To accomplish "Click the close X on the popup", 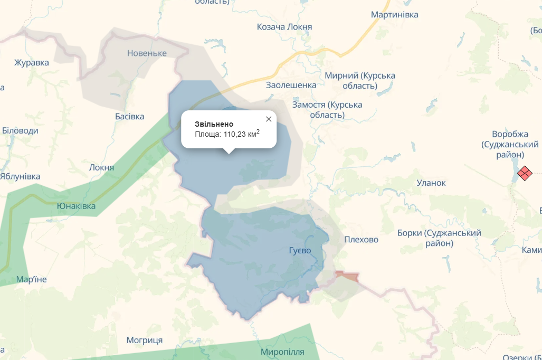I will [269, 119].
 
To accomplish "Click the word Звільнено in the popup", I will [214, 124].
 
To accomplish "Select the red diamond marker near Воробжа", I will [525, 173].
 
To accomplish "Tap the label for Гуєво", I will [300, 250].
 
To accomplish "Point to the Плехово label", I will [361, 240].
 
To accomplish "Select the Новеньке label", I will [147, 53].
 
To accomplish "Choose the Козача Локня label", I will [284, 27].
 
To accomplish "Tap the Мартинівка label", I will [394, 15].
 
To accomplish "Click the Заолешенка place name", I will [291, 85].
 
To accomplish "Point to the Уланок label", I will [431, 183].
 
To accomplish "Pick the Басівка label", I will [129, 116].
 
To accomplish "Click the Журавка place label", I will [32, 63].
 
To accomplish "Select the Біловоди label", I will [20, 130].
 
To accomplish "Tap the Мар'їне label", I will [32, 279].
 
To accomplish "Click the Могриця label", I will [145, 340].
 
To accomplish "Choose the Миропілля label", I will [282, 352].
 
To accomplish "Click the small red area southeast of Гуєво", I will [347, 276].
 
